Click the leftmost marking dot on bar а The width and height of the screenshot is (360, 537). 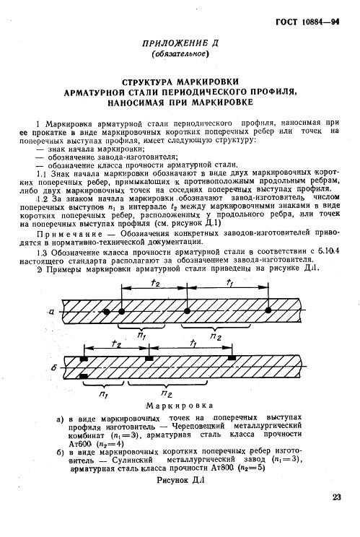click(x=106, y=311)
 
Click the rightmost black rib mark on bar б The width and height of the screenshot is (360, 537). click(x=232, y=358)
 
